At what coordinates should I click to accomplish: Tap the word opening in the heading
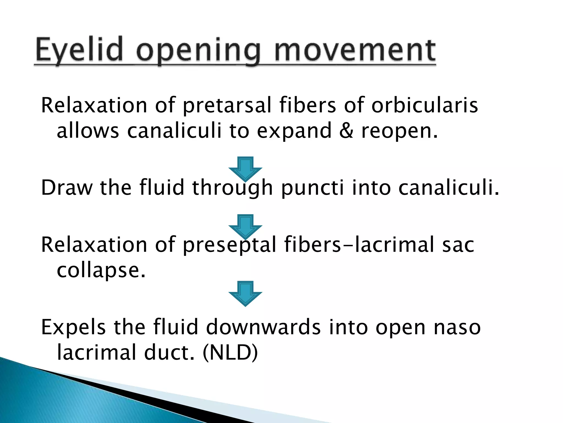(x=198, y=51)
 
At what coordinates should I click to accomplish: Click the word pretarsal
(x=227, y=106)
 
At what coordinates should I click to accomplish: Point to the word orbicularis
(x=425, y=105)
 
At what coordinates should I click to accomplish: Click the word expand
(x=294, y=131)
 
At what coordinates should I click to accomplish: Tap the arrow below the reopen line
(x=245, y=169)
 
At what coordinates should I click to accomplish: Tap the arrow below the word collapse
(x=245, y=294)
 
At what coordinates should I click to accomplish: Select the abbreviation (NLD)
(x=230, y=352)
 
